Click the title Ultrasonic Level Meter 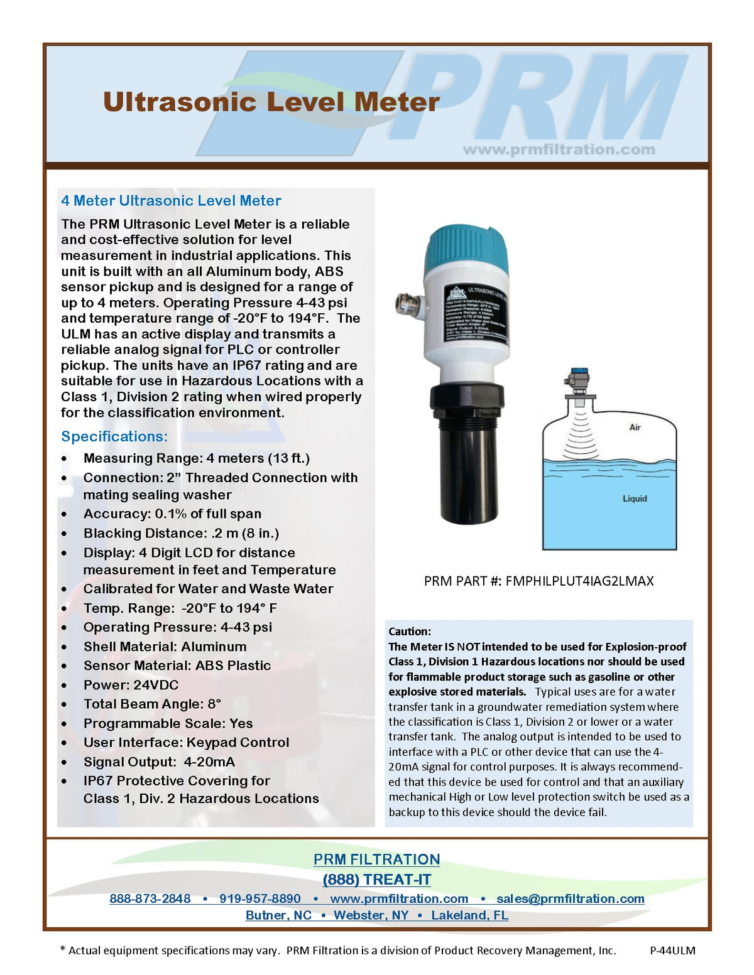click(x=271, y=102)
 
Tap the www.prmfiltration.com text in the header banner click(x=559, y=149)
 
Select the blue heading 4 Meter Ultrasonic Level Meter click(x=171, y=201)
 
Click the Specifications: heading click(x=114, y=436)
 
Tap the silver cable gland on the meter click(x=409, y=304)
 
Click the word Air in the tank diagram click(x=635, y=427)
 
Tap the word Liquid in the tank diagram click(x=635, y=498)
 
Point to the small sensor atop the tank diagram click(x=579, y=380)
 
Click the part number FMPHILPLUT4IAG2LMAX click(x=579, y=581)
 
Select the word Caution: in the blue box click(x=410, y=632)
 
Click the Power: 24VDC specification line click(x=131, y=685)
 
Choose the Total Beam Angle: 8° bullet click(x=152, y=704)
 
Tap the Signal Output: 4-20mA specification click(x=159, y=762)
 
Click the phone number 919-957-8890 click(x=260, y=898)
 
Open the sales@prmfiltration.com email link click(x=570, y=898)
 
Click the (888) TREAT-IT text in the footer click(x=376, y=880)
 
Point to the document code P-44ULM click(x=672, y=951)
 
